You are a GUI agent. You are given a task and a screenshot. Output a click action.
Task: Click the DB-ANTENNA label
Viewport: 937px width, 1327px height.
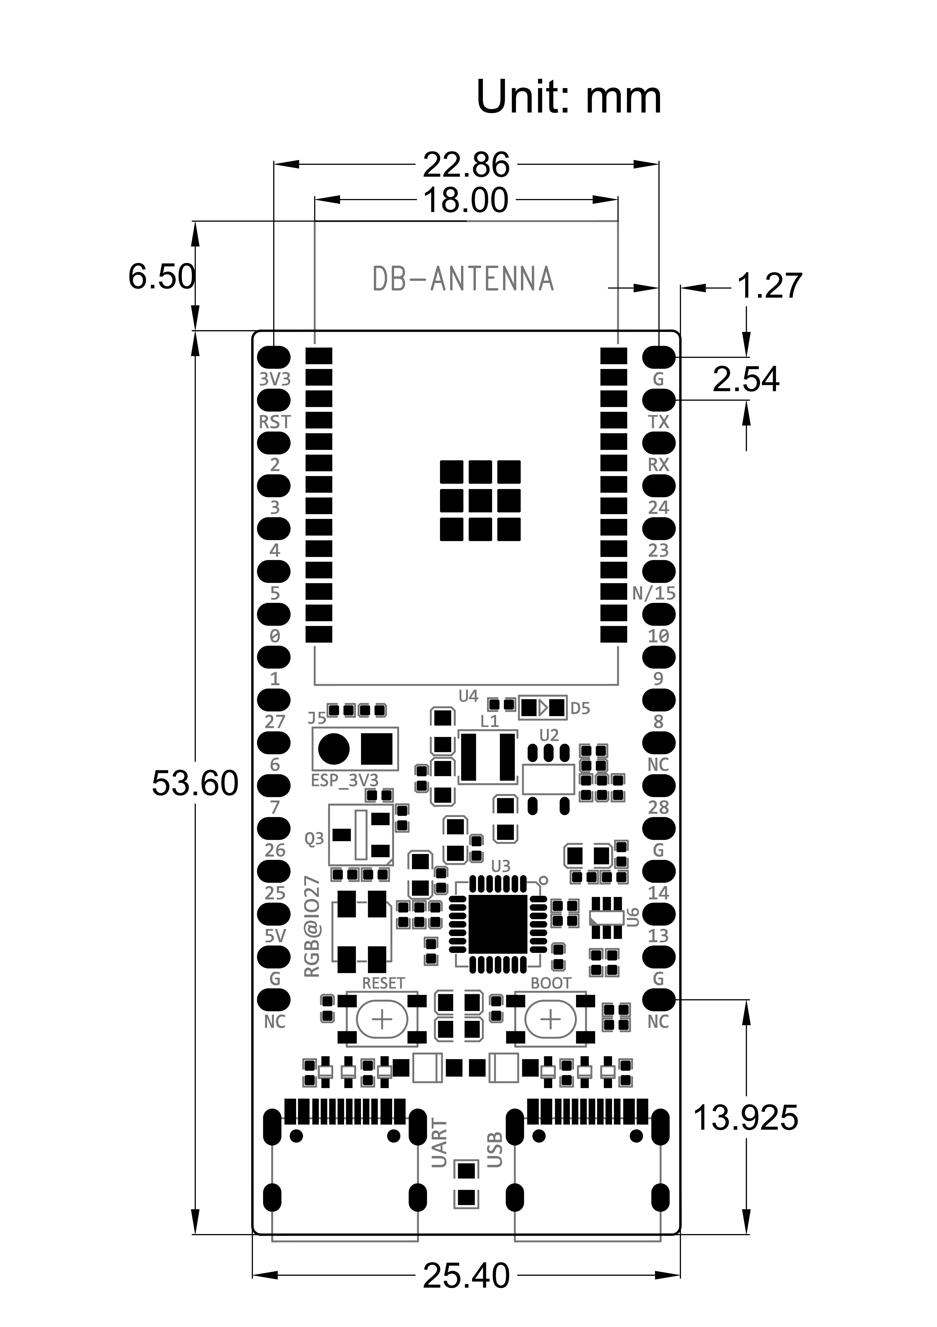coord(463,279)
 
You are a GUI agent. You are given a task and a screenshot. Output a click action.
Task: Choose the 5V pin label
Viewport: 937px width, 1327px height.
coord(275,936)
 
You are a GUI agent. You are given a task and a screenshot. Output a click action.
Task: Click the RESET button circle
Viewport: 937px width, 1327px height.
coord(382,1020)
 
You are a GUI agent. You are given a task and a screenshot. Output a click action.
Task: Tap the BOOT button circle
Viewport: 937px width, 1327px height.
coord(551,1020)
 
